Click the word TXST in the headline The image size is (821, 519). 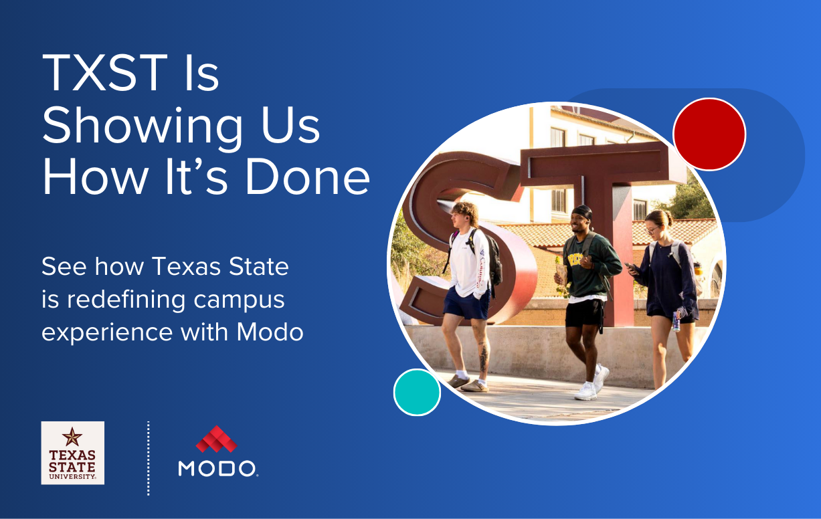click(x=105, y=72)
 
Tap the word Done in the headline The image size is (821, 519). click(x=308, y=177)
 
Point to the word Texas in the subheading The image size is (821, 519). click(x=187, y=266)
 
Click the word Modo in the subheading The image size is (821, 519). click(x=270, y=332)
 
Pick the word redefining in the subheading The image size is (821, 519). click(x=126, y=300)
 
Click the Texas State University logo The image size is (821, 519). click(x=72, y=453)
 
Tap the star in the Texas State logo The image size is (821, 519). click(x=72, y=437)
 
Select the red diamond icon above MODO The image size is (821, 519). click(x=217, y=439)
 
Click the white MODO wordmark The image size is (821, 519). click(x=217, y=469)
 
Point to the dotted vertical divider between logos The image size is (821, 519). click(x=149, y=458)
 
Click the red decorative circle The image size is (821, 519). click(x=709, y=134)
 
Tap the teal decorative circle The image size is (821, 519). click(x=417, y=393)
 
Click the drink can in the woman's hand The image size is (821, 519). click(x=676, y=321)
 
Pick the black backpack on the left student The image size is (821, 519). click(x=492, y=260)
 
